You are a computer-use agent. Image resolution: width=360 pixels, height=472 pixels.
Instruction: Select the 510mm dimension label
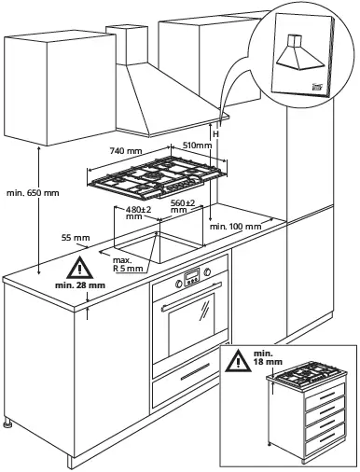coord(195,146)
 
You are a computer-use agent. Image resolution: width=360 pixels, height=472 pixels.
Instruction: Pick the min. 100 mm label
coord(233,226)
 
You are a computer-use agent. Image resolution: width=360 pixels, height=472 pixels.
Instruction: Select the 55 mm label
coord(75,239)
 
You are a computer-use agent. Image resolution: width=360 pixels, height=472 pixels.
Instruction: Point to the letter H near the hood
coord(215,134)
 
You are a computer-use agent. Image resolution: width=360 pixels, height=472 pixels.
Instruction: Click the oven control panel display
coord(192,277)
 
